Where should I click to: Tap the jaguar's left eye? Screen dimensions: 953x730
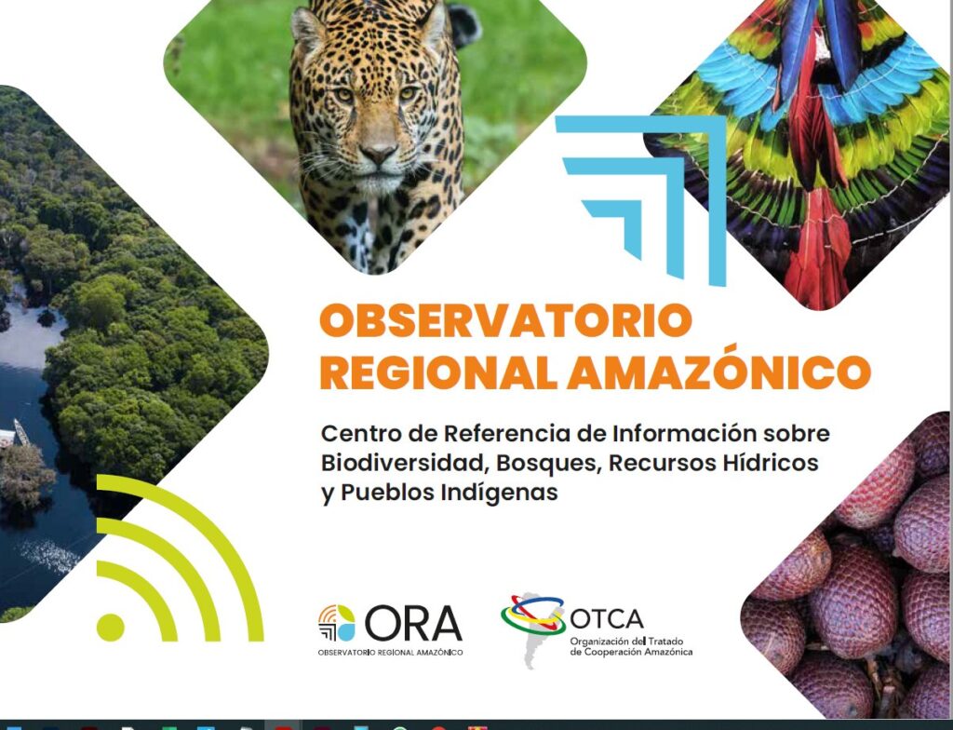[x=408, y=94]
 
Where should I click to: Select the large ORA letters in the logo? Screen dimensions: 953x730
[x=413, y=623]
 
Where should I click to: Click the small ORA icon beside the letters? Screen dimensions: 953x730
[x=337, y=623]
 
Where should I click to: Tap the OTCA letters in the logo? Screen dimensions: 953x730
[x=606, y=619]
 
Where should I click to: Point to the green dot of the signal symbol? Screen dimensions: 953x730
[x=110, y=627]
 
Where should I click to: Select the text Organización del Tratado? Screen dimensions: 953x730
[x=626, y=642]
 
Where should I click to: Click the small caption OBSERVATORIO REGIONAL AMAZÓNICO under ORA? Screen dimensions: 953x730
[x=390, y=653]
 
